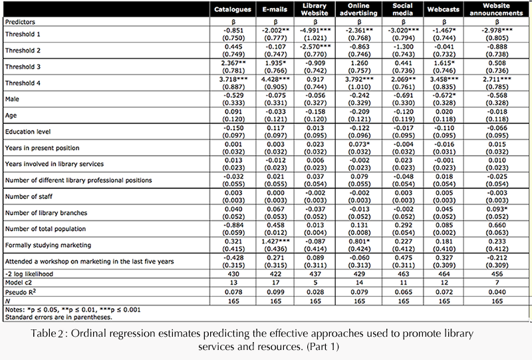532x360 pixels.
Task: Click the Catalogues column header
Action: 233,9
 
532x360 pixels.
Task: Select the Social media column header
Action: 402,9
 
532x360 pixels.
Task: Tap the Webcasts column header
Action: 443,9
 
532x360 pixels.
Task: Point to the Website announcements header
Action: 496,9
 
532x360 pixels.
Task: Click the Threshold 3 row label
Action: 23,67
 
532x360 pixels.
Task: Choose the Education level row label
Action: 28,132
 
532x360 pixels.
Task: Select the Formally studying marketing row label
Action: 48,245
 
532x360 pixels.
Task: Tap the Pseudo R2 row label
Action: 21,291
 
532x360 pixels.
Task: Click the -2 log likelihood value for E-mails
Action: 275,273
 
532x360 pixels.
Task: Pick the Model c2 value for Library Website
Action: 315,283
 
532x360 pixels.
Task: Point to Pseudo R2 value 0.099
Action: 275,291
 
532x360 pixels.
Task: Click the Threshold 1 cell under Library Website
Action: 315,34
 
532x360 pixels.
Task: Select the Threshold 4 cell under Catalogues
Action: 233,83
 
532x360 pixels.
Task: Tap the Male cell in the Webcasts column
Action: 444,99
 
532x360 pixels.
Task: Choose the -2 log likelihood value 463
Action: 404,273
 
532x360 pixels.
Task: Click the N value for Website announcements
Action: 497,301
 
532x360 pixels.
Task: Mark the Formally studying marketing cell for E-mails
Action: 275,245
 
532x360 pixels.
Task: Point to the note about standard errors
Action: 59,317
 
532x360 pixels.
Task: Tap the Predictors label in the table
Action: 20,22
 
